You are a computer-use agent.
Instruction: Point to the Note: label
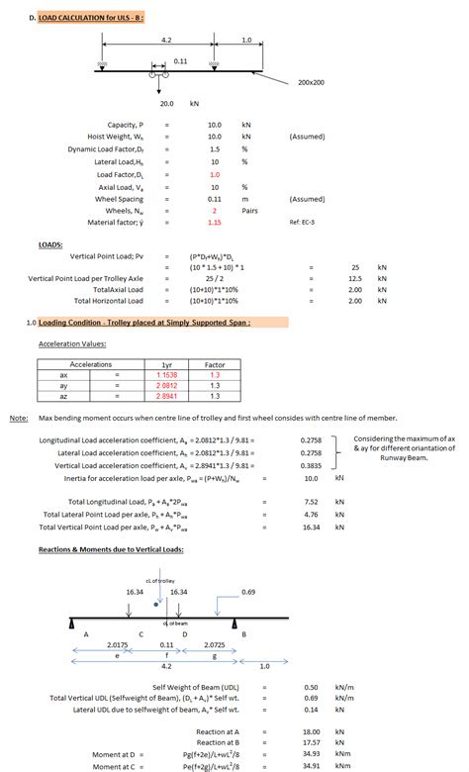pyautogui.click(x=18, y=419)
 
